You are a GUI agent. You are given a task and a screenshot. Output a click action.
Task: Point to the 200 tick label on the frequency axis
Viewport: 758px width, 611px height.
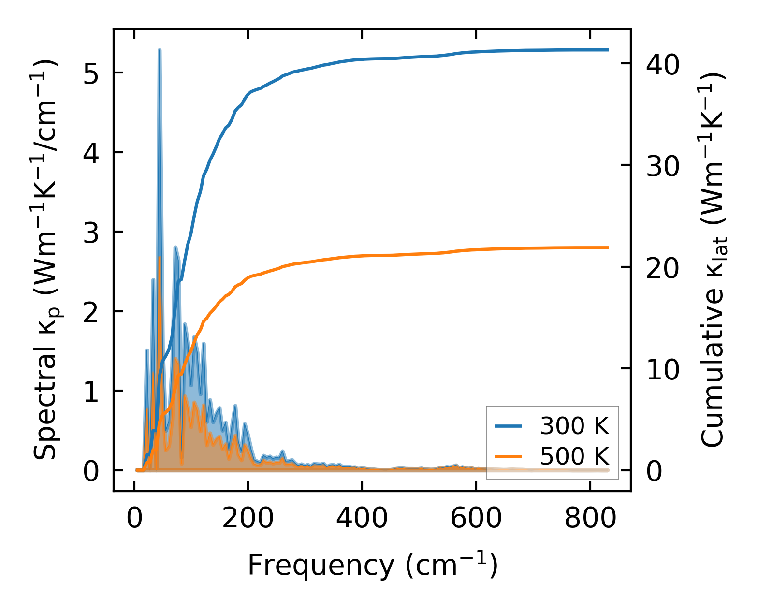click(248, 519)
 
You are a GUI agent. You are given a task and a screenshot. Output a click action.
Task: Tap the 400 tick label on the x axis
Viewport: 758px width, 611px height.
click(362, 519)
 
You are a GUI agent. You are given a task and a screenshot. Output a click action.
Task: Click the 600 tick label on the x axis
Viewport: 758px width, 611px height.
click(476, 519)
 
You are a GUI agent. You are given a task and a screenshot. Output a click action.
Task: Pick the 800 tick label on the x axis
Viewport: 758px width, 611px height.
click(590, 519)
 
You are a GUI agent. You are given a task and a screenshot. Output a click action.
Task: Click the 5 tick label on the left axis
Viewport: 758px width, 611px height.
click(92, 73)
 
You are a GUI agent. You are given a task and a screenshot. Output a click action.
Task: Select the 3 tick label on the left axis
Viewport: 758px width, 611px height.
click(92, 233)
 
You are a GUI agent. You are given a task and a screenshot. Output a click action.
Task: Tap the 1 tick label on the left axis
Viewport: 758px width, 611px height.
click(92, 392)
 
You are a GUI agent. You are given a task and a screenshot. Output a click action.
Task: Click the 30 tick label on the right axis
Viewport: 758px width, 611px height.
click(663, 166)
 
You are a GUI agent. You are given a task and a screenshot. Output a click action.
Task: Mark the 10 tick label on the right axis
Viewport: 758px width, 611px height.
click(663, 369)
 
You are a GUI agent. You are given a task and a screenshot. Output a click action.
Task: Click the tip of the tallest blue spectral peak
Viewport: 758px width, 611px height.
click(160, 50)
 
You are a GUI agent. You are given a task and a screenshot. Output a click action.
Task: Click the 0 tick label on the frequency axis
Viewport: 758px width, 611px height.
click(134, 519)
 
